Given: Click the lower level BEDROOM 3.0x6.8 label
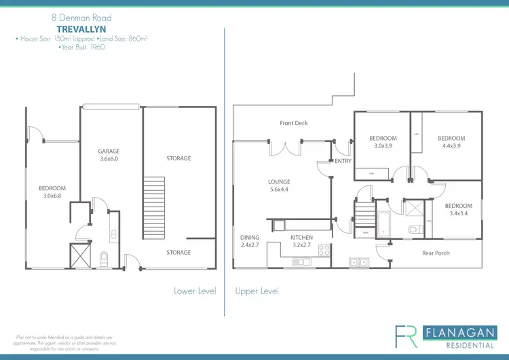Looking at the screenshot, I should point(52,192).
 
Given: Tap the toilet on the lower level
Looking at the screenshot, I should point(104,259).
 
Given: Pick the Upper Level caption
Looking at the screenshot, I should point(257,291).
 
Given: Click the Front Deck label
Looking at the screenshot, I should point(294,123).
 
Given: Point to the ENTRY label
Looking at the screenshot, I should point(343,161).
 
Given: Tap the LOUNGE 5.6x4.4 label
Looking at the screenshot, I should point(279,185).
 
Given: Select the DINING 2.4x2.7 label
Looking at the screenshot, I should point(250,241).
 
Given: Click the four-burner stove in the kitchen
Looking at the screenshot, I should point(324,249).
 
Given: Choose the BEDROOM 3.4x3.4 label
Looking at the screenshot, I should point(458,209).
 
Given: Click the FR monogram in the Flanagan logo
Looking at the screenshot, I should point(408,336).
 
